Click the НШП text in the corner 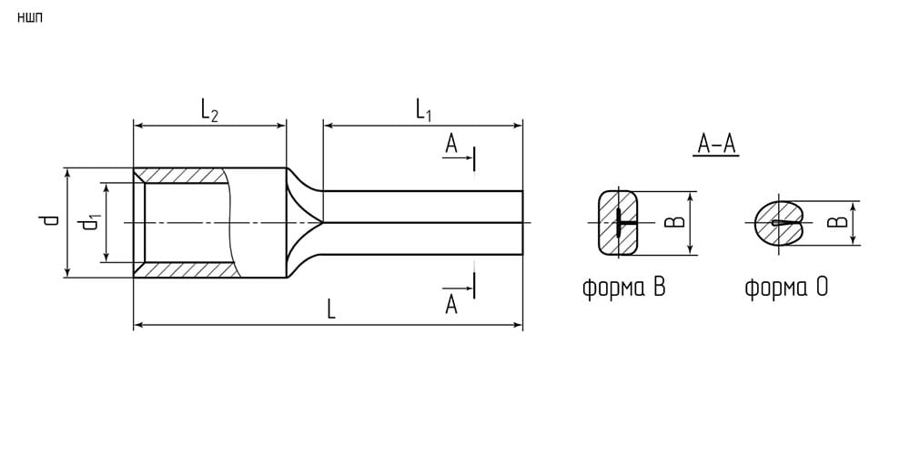tap(30, 17)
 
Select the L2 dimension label tap(209, 110)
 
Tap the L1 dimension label tap(424, 110)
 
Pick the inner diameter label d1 tap(90, 223)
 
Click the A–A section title tap(716, 145)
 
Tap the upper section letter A tap(451, 144)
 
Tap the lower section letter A tap(451, 304)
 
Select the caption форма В tap(623, 288)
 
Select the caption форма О tap(786, 288)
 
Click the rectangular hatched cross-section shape tap(618, 222)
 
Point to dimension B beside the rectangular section tap(674, 222)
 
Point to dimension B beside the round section tap(836, 223)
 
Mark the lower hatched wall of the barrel tap(187, 269)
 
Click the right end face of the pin tap(522, 222)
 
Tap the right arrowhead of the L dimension tap(518, 325)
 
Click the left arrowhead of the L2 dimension tap(139, 125)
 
